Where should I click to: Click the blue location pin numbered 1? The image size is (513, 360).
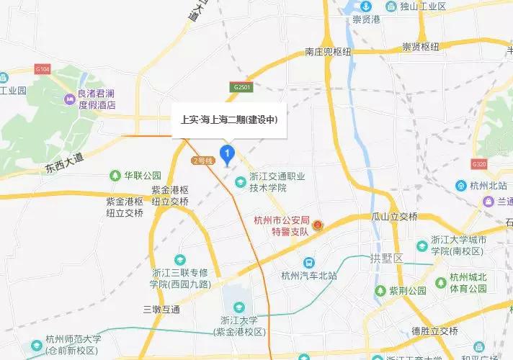228,153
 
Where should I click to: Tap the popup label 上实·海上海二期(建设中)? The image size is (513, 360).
228,120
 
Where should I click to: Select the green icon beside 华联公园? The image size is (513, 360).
114,175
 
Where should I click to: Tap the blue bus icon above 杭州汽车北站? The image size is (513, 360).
308,263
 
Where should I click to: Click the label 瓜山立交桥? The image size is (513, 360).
394,217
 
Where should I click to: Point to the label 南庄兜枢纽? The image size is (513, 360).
327,53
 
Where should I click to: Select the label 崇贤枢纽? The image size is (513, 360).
421,48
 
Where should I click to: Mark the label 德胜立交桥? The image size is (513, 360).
434,331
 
